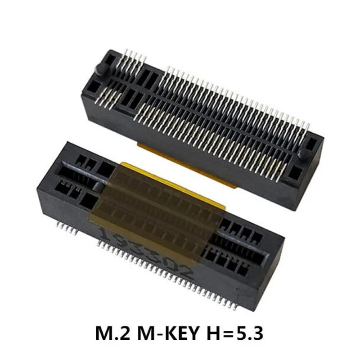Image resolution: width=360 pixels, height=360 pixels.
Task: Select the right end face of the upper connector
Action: point(313,180)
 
